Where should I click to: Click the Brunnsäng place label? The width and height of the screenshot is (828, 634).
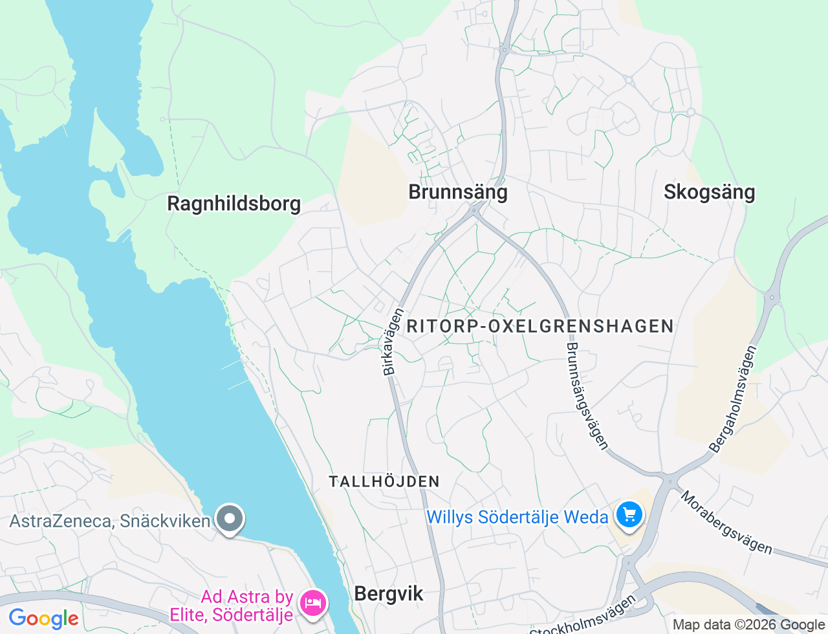(x=458, y=192)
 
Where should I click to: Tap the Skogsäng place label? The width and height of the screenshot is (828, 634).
(x=709, y=192)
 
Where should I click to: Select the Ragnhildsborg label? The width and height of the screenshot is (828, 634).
(x=234, y=204)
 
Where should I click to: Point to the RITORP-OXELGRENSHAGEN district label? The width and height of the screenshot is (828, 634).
(x=540, y=326)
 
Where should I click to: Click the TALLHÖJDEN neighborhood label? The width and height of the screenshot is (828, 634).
(x=384, y=481)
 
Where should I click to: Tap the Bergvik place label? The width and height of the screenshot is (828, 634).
(x=389, y=594)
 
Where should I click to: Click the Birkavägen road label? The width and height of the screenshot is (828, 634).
(x=393, y=342)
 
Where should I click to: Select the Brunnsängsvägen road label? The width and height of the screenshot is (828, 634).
(x=587, y=395)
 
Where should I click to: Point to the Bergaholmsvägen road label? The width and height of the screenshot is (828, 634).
(x=733, y=399)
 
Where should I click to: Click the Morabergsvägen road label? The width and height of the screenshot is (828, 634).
(x=726, y=522)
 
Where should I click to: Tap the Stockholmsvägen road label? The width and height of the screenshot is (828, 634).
(x=583, y=618)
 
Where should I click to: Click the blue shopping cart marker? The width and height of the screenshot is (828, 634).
(x=629, y=516)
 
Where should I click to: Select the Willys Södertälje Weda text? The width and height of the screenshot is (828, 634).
(x=517, y=518)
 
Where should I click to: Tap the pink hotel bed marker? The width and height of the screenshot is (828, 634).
(x=314, y=603)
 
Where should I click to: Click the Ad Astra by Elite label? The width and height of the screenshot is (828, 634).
(x=248, y=606)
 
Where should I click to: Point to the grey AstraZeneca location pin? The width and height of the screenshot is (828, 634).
(x=229, y=519)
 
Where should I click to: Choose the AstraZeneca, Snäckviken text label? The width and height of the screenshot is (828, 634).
(x=110, y=521)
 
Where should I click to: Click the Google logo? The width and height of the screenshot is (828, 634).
(x=44, y=618)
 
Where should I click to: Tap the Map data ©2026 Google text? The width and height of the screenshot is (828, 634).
(x=748, y=625)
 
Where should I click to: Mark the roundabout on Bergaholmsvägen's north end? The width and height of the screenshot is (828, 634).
(x=771, y=298)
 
